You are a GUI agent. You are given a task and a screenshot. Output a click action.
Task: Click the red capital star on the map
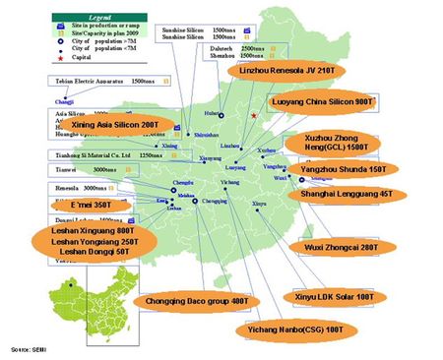(x=254, y=116)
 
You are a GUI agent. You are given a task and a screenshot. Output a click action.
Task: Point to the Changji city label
(x=63, y=99)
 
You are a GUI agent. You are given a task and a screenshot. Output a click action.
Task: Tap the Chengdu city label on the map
(x=183, y=182)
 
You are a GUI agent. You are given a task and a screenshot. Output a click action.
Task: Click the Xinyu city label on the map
(x=259, y=204)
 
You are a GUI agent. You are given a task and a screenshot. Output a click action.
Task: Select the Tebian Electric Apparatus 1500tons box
(x=97, y=86)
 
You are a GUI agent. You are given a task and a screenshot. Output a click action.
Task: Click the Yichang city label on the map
(x=230, y=182)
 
